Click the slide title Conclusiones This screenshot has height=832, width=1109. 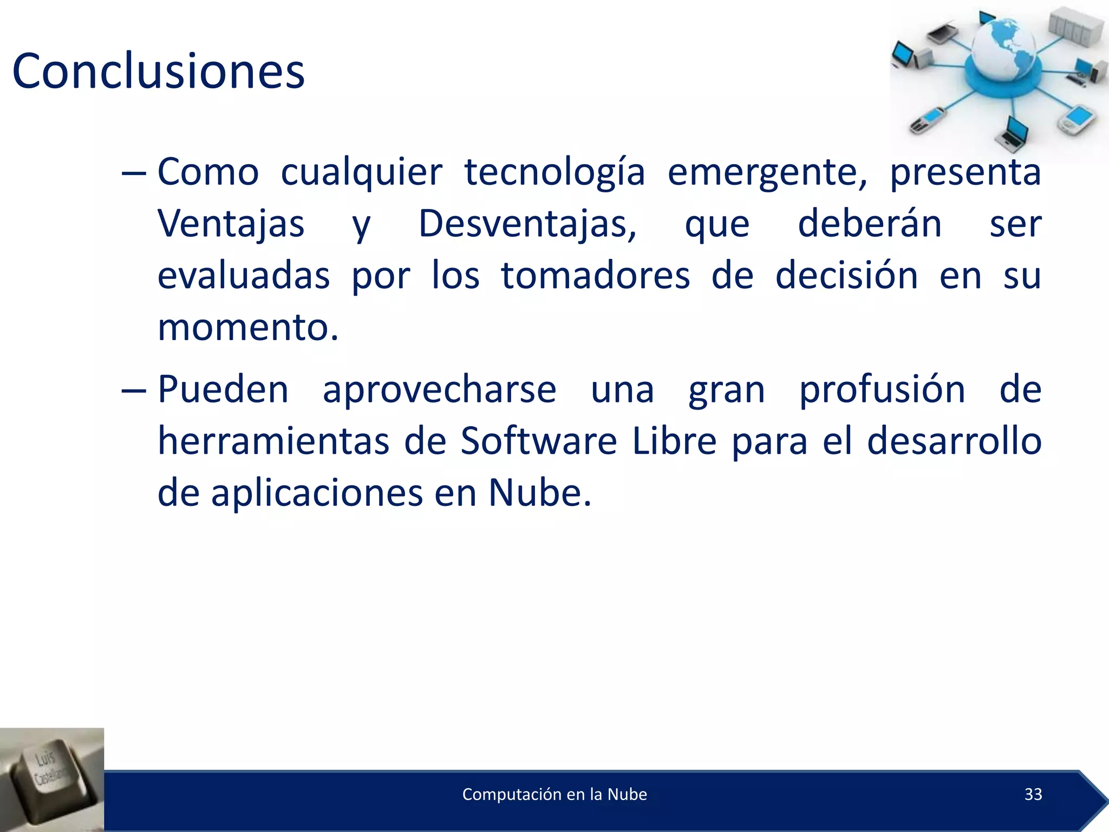(x=158, y=71)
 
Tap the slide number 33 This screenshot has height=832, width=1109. (x=1033, y=794)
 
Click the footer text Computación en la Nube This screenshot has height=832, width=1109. (x=554, y=794)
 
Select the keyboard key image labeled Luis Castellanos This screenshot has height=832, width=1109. (x=51, y=779)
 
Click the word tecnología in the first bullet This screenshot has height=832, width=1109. (x=554, y=172)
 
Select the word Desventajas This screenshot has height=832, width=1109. (x=527, y=224)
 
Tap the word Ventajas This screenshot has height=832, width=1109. (x=231, y=224)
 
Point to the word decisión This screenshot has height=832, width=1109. (x=846, y=276)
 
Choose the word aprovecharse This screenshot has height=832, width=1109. (x=439, y=389)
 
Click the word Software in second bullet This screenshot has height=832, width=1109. (x=538, y=441)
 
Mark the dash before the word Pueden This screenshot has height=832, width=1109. (x=133, y=391)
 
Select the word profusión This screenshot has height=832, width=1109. (x=882, y=389)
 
